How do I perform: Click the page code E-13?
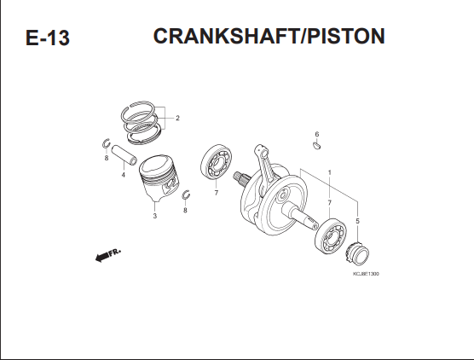coord(48,38)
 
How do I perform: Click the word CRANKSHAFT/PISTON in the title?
coord(269,37)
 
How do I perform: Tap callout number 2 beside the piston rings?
coord(177,118)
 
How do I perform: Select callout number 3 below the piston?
coord(155,216)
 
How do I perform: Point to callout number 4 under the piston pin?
coord(124,175)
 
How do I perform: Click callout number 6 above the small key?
coord(317,134)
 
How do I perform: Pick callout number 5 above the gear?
coord(357,221)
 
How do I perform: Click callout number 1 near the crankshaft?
coord(330,172)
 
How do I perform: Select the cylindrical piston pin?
coord(124,155)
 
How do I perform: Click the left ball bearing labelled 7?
coord(217,162)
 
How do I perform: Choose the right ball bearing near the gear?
coord(331,236)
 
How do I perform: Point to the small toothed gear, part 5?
coord(357,253)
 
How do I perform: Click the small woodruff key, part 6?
coord(316,146)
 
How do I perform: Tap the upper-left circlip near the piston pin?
coord(106,143)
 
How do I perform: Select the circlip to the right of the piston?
coord(186,195)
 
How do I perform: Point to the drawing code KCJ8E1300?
coord(366,274)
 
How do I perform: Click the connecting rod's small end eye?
coord(261,149)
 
